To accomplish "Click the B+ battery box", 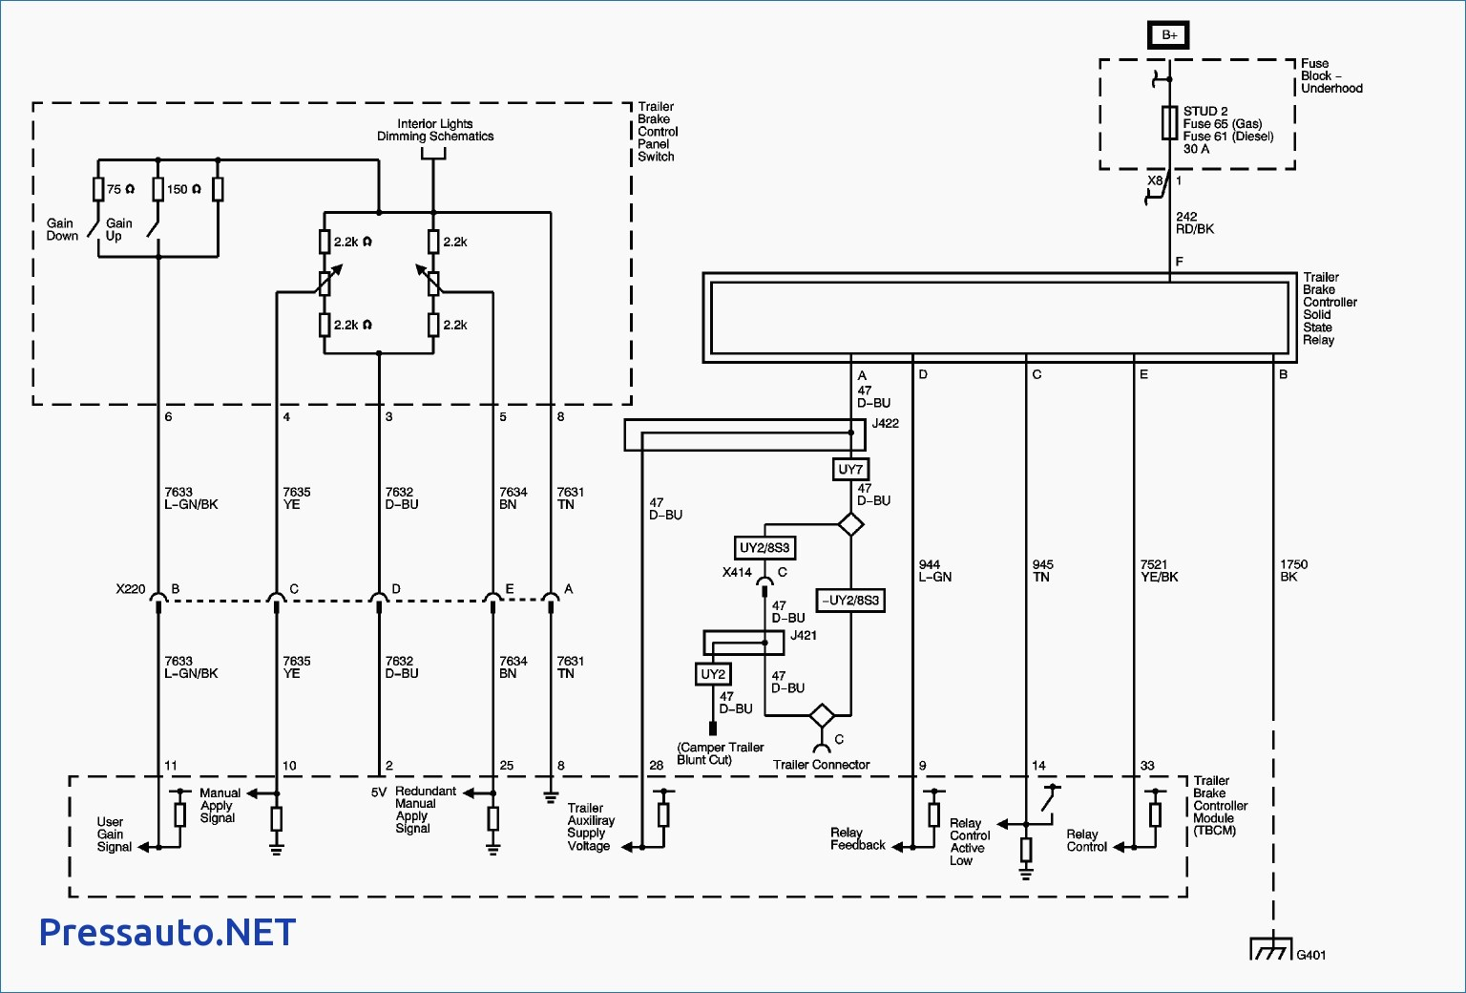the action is tap(1169, 34).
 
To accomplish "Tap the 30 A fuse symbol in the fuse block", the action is tap(1169, 122).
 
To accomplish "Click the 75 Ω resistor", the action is tap(98, 189).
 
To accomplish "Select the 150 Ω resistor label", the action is tap(184, 189).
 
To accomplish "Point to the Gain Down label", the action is tap(62, 229).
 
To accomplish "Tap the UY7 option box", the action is tap(850, 470).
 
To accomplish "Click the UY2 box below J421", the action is tap(713, 674).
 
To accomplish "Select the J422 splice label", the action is tap(886, 424).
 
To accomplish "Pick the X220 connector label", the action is tap(130, 589).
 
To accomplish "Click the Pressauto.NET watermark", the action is tap(168, 932).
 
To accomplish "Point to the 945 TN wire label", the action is tap(1042, 571).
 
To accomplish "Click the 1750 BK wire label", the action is tap(1294, 571).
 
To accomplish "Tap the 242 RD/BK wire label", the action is tap(1195, 222).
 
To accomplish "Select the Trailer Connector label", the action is tap(822, 765).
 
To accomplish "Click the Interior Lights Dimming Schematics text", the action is tap(435, 130).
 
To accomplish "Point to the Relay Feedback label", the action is tap(857, 838).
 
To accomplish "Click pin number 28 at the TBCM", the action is tap(657, 765).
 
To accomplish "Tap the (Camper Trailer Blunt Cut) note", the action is tap(721, 753).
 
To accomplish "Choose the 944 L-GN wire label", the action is tap(934, 571).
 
